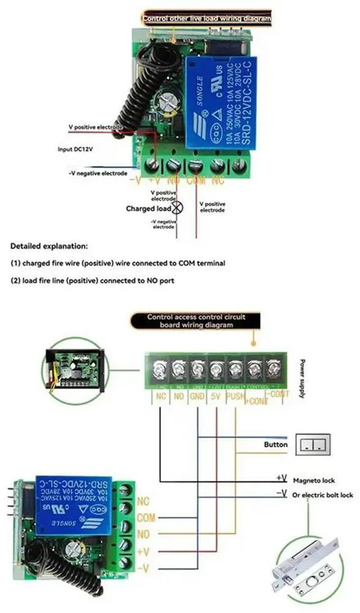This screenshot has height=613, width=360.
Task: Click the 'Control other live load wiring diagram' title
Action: [x=206, y=19]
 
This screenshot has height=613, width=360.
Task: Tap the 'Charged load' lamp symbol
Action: [x=177, y=208]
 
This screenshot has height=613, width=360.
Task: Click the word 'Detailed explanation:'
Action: [x=49, y=246]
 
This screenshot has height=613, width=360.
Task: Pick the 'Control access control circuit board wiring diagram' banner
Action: [x=196, y=321]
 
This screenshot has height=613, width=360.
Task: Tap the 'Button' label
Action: [x=276, y=444]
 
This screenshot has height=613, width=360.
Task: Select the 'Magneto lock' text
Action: [x=314, y=480]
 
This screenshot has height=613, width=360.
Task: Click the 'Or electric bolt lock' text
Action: [x=323, y=495]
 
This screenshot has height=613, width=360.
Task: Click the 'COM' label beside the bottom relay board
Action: [x=146, y=517]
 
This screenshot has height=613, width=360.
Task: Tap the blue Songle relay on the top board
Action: [x=220, y=104]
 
